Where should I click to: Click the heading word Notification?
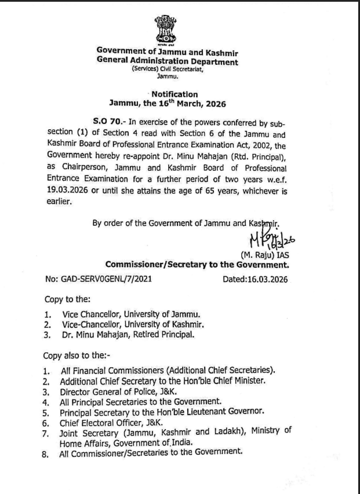(174, 94)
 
